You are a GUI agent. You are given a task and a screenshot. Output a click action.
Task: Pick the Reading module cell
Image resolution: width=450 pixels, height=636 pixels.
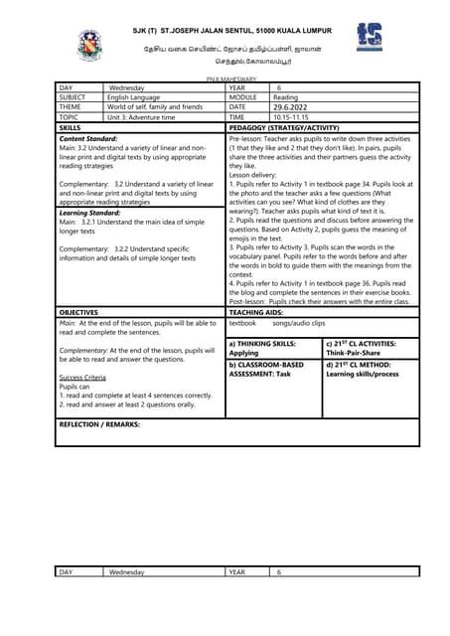point(286,97)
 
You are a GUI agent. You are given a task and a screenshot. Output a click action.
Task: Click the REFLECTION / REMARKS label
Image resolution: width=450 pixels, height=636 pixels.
point(99,423)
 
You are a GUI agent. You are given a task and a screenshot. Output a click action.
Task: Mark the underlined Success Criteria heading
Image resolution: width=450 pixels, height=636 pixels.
point(85,379)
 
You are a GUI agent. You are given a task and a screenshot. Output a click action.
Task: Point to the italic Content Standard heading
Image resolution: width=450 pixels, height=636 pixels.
point(88,138)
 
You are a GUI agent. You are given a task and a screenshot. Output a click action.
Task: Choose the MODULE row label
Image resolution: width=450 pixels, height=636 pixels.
point(243,97)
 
